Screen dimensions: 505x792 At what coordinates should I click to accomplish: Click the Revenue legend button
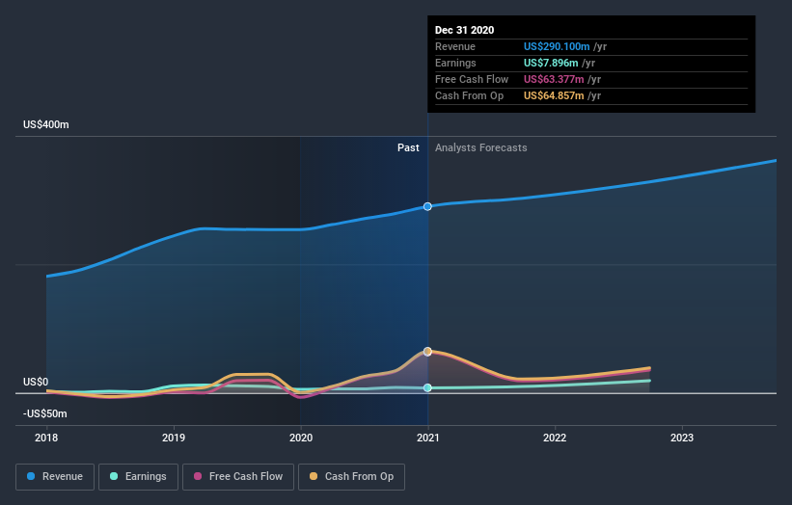pos(55,476)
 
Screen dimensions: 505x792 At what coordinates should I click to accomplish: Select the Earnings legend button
pos(138,476)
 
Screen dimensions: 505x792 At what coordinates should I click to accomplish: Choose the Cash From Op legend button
pos(352,476)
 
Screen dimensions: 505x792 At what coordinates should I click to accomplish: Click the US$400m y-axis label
pos(46,125)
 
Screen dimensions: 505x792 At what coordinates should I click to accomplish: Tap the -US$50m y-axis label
pos(46,413)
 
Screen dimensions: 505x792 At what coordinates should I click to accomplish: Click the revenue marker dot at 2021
pos(427,206)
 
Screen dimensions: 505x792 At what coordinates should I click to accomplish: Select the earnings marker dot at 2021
pos(427,387)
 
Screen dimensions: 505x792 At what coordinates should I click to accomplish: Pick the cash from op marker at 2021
pos(427,351)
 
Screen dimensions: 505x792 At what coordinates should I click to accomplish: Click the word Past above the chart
pos(408,147)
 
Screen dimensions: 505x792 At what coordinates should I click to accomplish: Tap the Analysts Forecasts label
pos(481,147)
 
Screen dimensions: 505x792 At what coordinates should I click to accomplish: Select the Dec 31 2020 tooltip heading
pos(464,30)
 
